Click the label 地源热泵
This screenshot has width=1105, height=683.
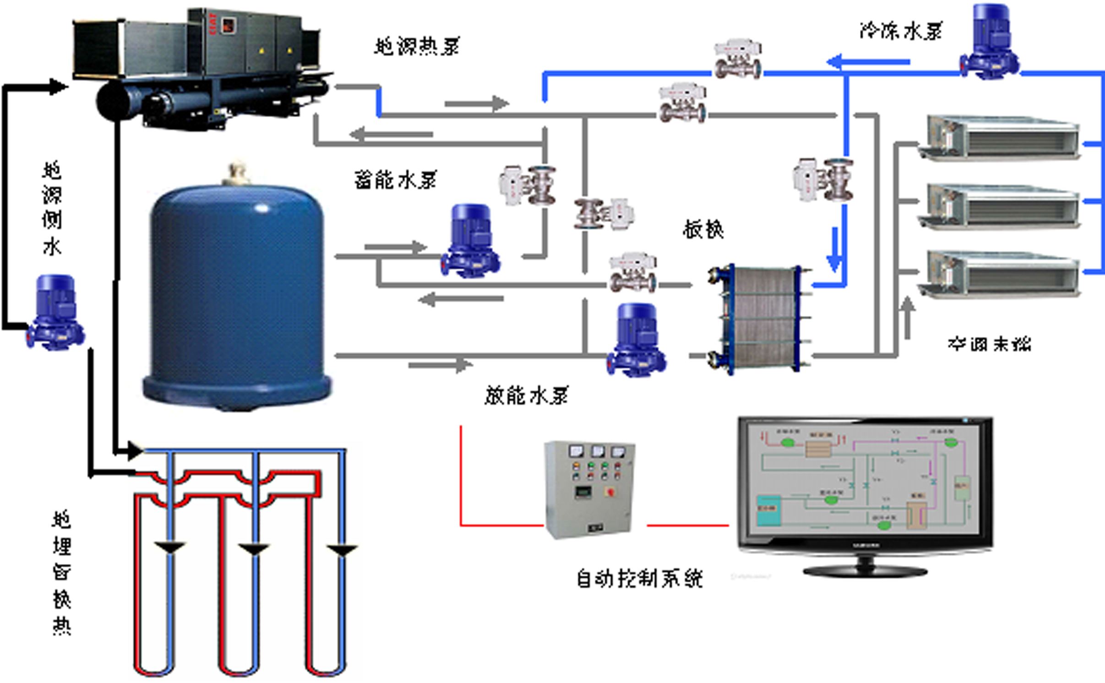pos(417,47)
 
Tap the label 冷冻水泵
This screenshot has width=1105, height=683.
pos(901,31)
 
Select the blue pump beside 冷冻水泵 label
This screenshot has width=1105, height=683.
pos(989,43)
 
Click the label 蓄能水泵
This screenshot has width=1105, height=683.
pos(395,180)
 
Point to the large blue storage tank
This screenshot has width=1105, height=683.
pos(237,293)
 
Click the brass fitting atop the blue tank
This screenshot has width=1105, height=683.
pos(236,173)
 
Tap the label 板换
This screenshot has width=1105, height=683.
pos(703,229)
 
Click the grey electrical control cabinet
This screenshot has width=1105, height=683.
pos(590,489)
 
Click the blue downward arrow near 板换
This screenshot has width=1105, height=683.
pos(834,249)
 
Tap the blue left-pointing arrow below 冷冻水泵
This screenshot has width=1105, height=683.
pos(868,62)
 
